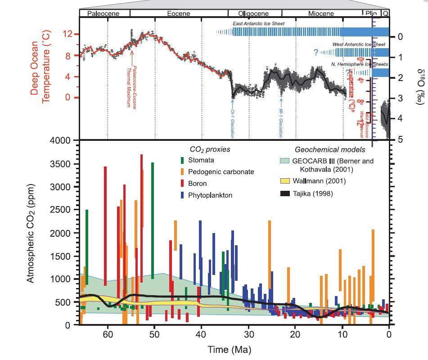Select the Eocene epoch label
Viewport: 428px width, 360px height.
(179, 13)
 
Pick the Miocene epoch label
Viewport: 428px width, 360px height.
(321, 13)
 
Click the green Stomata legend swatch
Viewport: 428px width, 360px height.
(182, 160)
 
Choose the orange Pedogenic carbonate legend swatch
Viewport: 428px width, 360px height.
(182, 172)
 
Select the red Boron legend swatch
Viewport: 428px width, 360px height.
(182, 184)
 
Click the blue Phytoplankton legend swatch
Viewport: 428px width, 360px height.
(182, 195)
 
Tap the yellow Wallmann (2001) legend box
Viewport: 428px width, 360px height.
(284, 181)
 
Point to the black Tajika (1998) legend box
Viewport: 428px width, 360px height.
(284, 194)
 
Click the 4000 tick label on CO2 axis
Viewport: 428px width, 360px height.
(61, 141)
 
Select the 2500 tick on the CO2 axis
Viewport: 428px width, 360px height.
(61, 210)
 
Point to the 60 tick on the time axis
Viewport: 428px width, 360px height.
(108, 334)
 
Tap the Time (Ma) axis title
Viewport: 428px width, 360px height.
(229, 350)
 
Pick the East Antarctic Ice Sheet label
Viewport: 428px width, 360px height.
(258, 23)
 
